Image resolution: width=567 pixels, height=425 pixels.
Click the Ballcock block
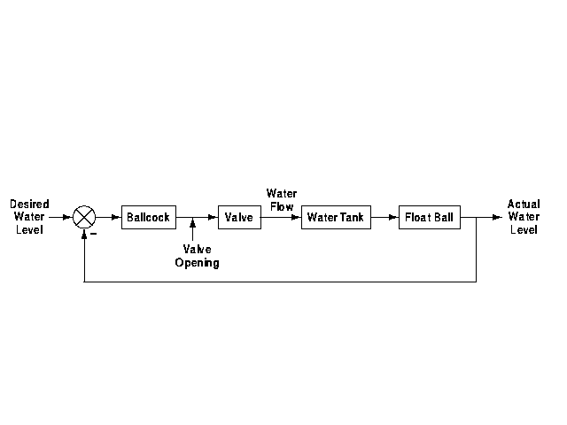click(x=148, y=217)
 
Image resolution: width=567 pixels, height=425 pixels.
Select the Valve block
click(x=239, y=217)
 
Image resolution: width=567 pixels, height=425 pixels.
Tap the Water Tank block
click(x=336, y=217)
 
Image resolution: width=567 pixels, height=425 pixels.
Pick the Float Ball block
click(x=430, y=217)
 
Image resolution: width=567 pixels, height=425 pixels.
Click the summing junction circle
click(x=84, y=217)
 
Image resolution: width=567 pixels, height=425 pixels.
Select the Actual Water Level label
click(x=524, y=217)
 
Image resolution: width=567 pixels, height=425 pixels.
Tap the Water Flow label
click(x=282, y=200)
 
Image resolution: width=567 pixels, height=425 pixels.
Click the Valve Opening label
click(x=197, y=256)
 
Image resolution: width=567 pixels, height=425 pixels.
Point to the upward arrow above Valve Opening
click(x=192, y=234)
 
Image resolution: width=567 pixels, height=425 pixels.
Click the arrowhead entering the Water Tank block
click(x=296, y=217)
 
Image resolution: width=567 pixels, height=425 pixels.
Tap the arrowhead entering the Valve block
click(x=213, y=217)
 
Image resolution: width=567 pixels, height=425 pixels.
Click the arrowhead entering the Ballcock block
click(x=116, y=217)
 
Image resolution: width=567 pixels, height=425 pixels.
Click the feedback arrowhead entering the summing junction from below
click(x=84, y=234)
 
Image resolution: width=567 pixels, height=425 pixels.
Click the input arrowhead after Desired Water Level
click(x=67, y=217)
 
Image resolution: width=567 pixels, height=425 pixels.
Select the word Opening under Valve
click(x=197, y=263)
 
